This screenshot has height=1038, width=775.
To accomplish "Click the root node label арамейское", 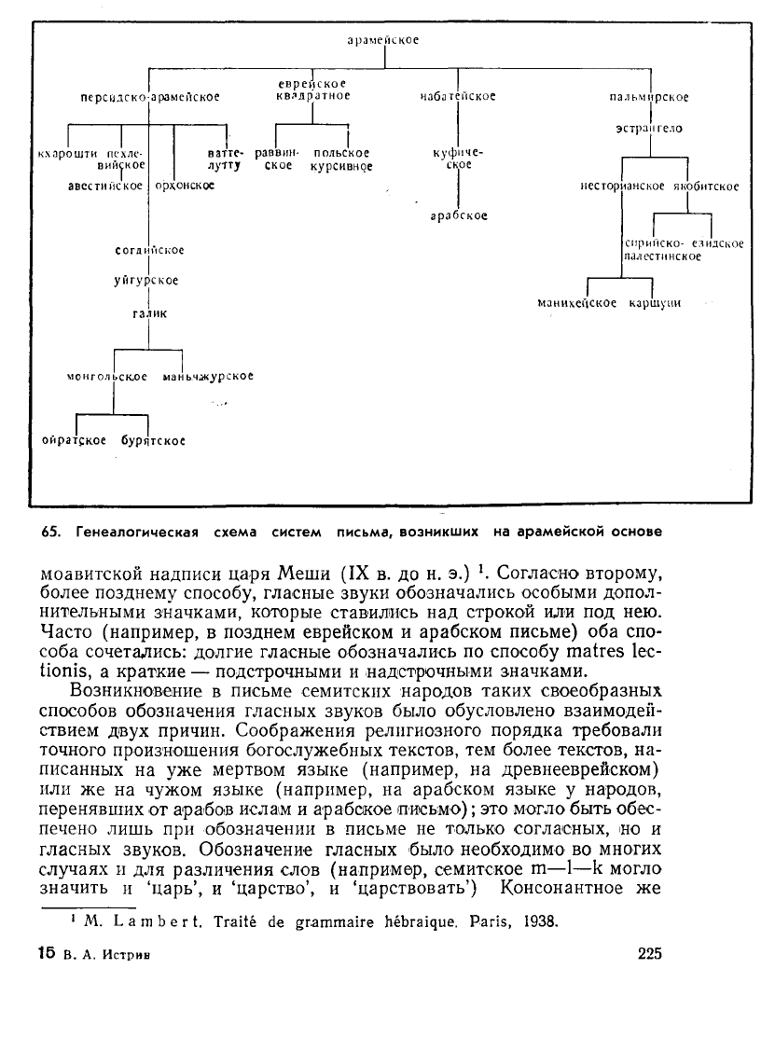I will pos(382,40).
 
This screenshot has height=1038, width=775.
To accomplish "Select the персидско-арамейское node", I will pos(150,96).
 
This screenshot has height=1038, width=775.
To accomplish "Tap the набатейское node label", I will pos(458,96).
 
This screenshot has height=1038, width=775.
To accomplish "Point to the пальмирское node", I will pos(649,96).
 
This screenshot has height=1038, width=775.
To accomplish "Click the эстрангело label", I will pos(649,128).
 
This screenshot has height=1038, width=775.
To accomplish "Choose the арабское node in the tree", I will pos(459,215).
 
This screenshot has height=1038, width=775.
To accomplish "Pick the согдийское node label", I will pos(149,250).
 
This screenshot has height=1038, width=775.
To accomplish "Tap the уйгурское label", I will pos(147,280).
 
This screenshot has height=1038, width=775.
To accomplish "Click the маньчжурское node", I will pos(208,377).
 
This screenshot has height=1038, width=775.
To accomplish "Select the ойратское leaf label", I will pos(75,439).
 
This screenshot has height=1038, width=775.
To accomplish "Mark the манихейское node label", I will pos(577,303).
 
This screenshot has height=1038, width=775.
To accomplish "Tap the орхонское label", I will pos(184,186).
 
